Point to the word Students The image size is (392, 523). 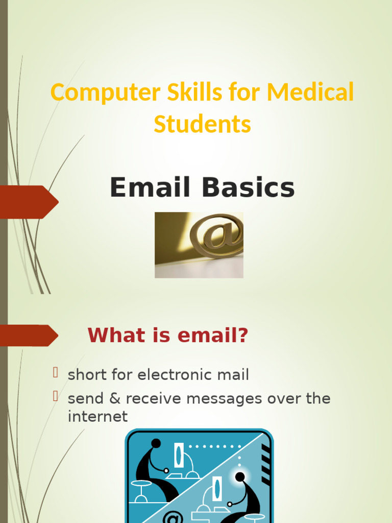click(x=202, y=124)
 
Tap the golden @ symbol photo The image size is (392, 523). click(x=199, y=245)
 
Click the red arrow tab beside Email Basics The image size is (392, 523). click(x=28, y=202)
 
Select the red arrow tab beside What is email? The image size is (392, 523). click(x=28, y=335)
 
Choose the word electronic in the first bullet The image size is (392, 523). click(x=174, y=375)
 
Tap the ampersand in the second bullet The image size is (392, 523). click(x=114, y=398)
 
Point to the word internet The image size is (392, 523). click(x=97, y=416)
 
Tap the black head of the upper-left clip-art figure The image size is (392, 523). click(x=156, y=443)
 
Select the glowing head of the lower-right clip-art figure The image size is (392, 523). click(x=239, y=477)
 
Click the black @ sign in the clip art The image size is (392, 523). click(x=173, y=517)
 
